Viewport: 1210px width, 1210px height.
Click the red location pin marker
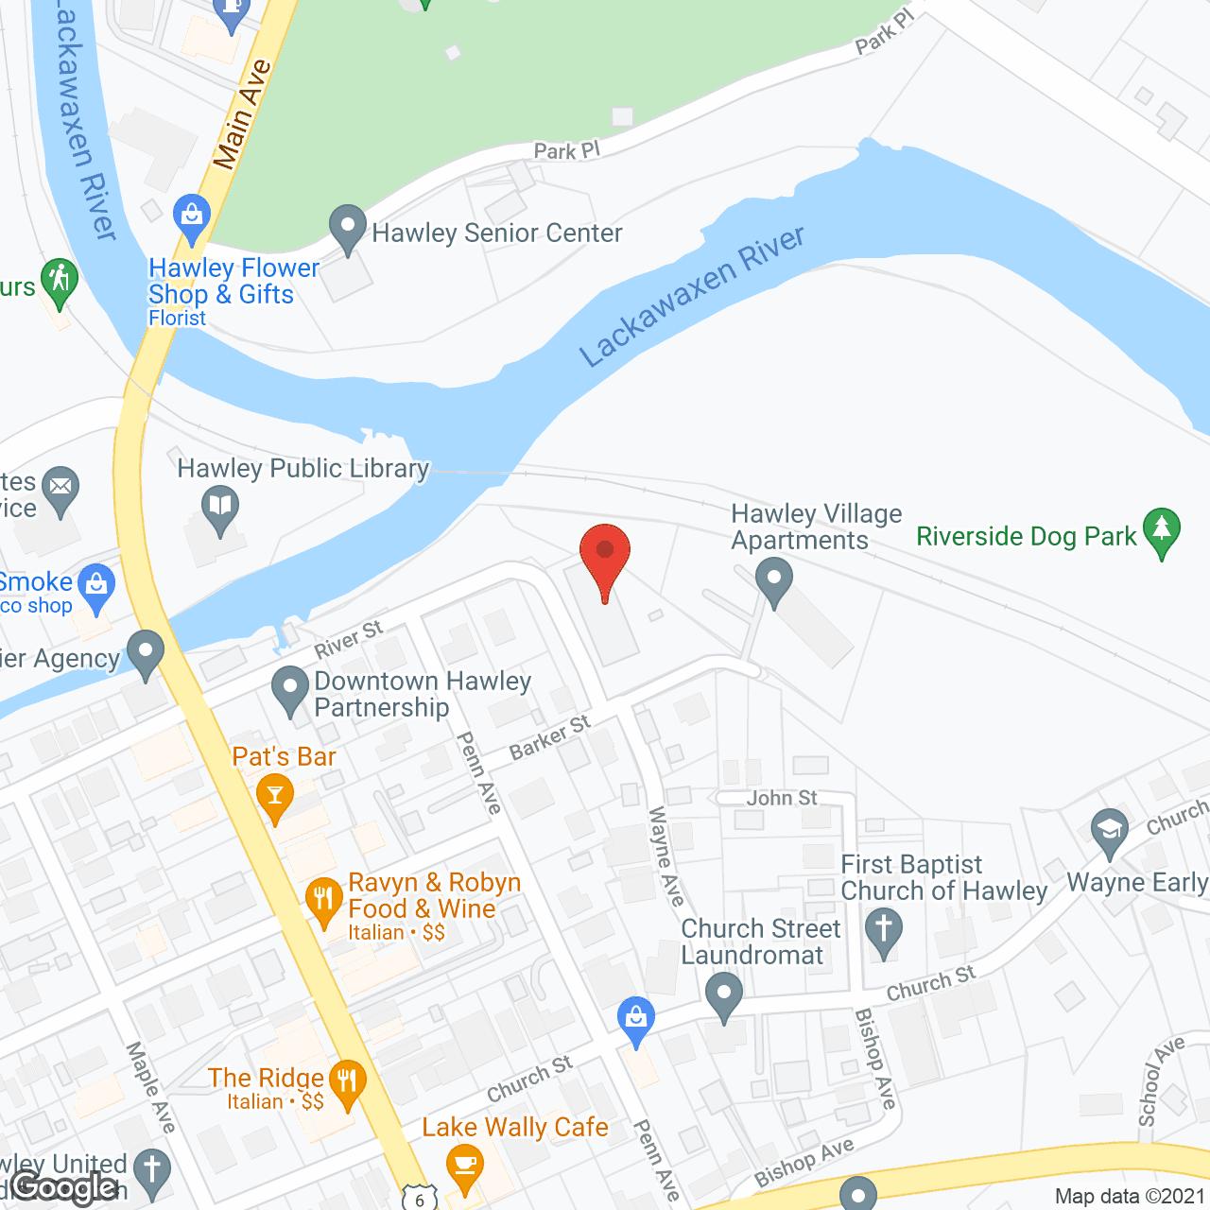[605, 553]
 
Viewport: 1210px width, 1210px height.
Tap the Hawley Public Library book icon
[219, 506]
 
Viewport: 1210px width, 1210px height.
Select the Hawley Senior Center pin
[348, 227]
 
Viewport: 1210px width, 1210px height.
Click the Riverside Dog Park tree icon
[1162, 530]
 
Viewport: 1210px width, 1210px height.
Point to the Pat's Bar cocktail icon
[275, 794]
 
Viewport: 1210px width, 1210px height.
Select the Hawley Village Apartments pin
[774, 579]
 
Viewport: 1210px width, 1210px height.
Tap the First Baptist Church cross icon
[884, 928]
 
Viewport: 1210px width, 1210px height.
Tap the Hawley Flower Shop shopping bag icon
[192, 216]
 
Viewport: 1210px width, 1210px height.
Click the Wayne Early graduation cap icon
[1109, 831]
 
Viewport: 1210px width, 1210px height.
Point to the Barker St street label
[549, 737]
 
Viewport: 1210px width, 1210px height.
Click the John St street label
[782, 798]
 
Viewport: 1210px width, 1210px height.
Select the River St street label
[349, 640]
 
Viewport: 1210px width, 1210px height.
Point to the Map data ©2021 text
[1130, 1197]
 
